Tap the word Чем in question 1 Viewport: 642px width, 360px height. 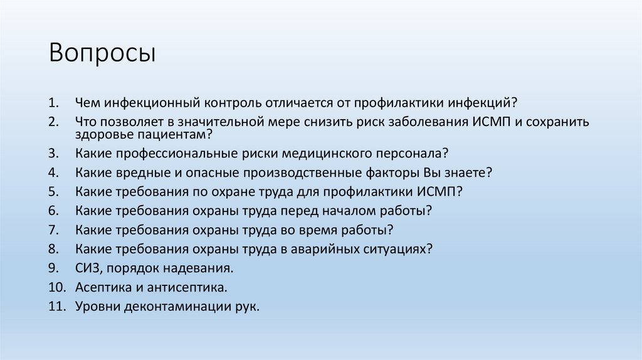(x=87, y=102)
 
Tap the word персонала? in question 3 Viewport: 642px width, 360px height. (x=416, y=153)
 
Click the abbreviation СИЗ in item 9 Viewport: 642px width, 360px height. (x=87, y=268)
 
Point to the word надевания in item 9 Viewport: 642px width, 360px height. (x=201, y=268)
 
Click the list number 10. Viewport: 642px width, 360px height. (x=56, y=287)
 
